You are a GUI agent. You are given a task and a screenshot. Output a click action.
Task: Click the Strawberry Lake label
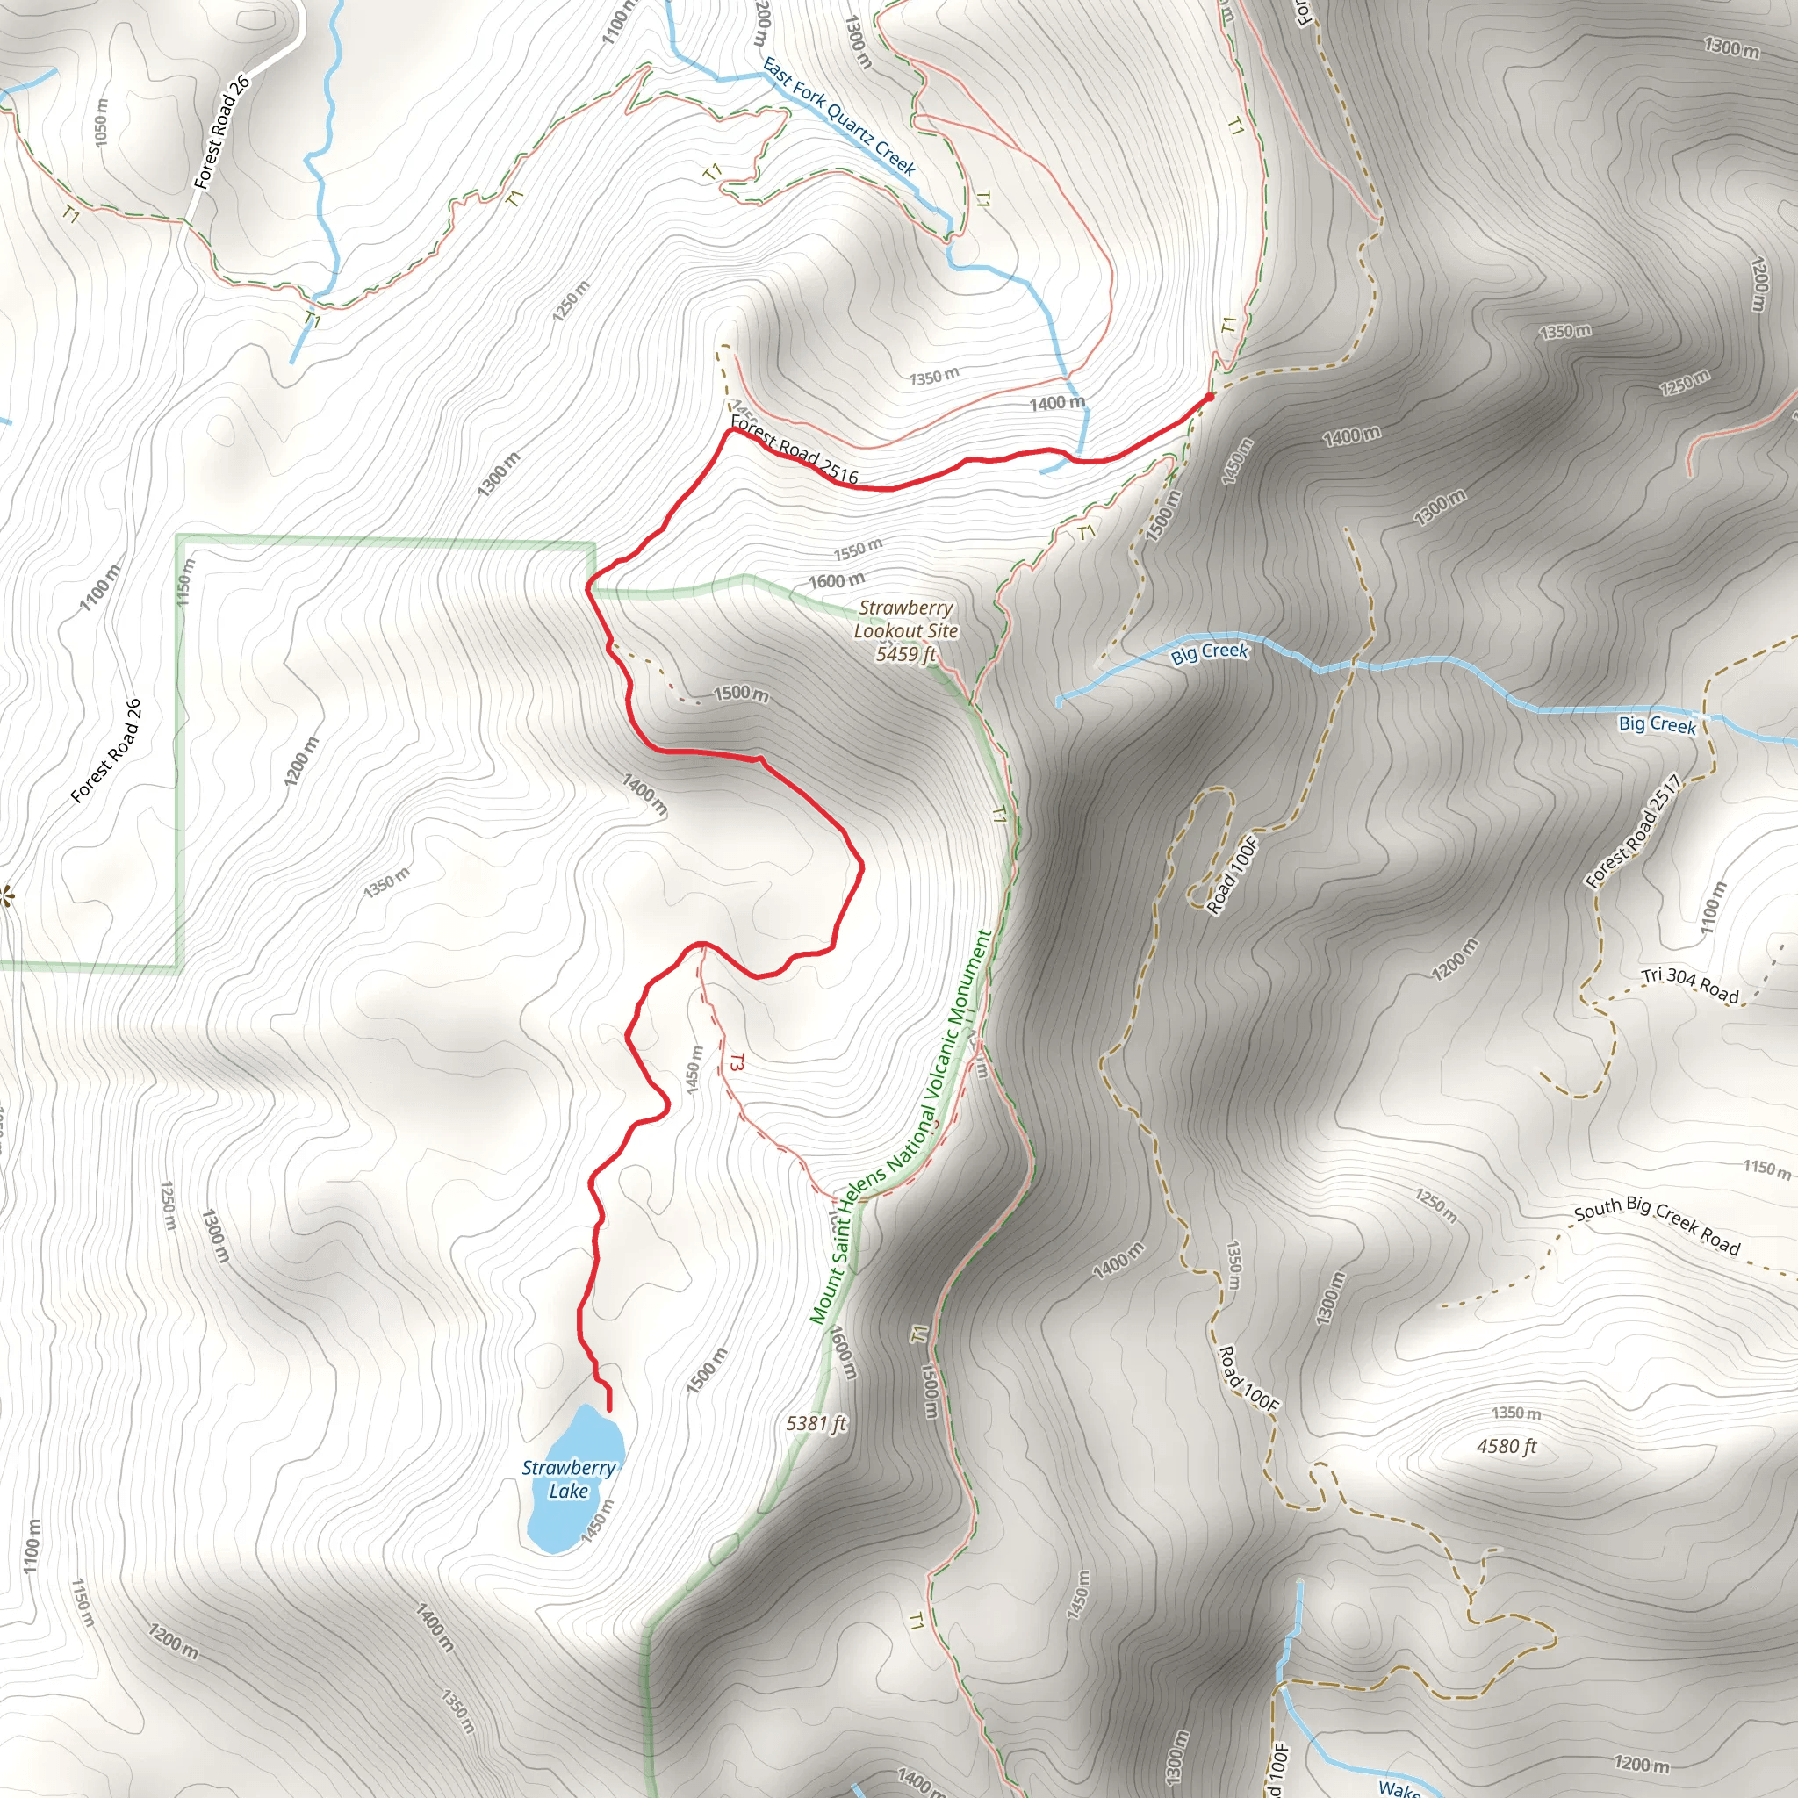(x=568, y=1478)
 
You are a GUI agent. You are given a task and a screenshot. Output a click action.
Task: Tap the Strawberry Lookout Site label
(x=905, y=619)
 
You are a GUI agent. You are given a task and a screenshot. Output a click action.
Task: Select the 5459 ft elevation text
(x=905, y=654)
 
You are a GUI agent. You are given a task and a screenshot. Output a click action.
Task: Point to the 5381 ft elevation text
(x=816, y=1423)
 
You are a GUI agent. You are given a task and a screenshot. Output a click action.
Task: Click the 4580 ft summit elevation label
(x=1507, y=1446)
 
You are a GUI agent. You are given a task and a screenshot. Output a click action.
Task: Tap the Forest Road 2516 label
(x=794, y=450)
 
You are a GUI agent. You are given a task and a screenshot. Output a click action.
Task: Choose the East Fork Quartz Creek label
(x=839, y=118)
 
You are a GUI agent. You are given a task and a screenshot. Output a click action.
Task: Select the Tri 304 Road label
(x=1690, y=986)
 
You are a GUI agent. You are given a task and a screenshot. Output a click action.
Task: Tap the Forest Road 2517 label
(x=1634, y=831)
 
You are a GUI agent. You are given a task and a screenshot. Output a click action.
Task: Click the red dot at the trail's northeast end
(x=1209, y=398)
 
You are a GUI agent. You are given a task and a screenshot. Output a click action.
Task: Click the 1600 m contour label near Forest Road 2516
(x=836, y=582)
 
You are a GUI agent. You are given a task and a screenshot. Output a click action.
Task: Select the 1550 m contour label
(x=857, y=550)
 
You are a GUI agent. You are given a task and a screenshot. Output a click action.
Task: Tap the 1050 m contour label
(x=102, y=122)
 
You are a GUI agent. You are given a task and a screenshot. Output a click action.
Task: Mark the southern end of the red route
(x=609, y=1410)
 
